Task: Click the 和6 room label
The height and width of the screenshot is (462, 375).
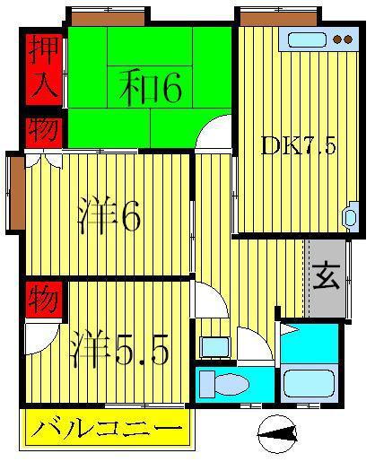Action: [x=151, y=88]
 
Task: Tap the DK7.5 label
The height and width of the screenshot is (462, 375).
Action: [x=298, y=145]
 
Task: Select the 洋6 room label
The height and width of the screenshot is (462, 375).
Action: [x=109, y=215]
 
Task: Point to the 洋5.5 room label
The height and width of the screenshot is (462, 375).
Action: [x=119, y=348]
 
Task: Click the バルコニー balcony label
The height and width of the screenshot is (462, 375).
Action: [x=107, y=430]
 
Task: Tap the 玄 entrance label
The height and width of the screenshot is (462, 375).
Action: [x=327, y=276]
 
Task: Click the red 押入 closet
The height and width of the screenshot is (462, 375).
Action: [x=44, y=70]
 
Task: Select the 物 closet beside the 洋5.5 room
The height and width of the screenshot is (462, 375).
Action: [x=44, y=300]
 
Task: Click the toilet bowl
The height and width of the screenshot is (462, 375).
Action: [x=231, y=384]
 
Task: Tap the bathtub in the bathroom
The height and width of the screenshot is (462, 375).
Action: [x=309, y=384]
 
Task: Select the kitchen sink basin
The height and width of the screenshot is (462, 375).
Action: [x=307, y=39]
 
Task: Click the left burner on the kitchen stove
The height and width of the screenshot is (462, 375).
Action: [x=337, y=39]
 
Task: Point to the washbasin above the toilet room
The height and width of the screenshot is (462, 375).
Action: [x=215, y=347]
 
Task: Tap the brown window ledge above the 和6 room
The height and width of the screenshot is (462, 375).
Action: [x=109, y=19]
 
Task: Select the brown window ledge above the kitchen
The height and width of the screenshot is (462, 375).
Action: [x=278, y=19]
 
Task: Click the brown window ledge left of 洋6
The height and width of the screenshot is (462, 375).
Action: [x=18, y=193]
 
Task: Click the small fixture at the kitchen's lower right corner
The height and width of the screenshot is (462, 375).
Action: [x=351, y=216]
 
